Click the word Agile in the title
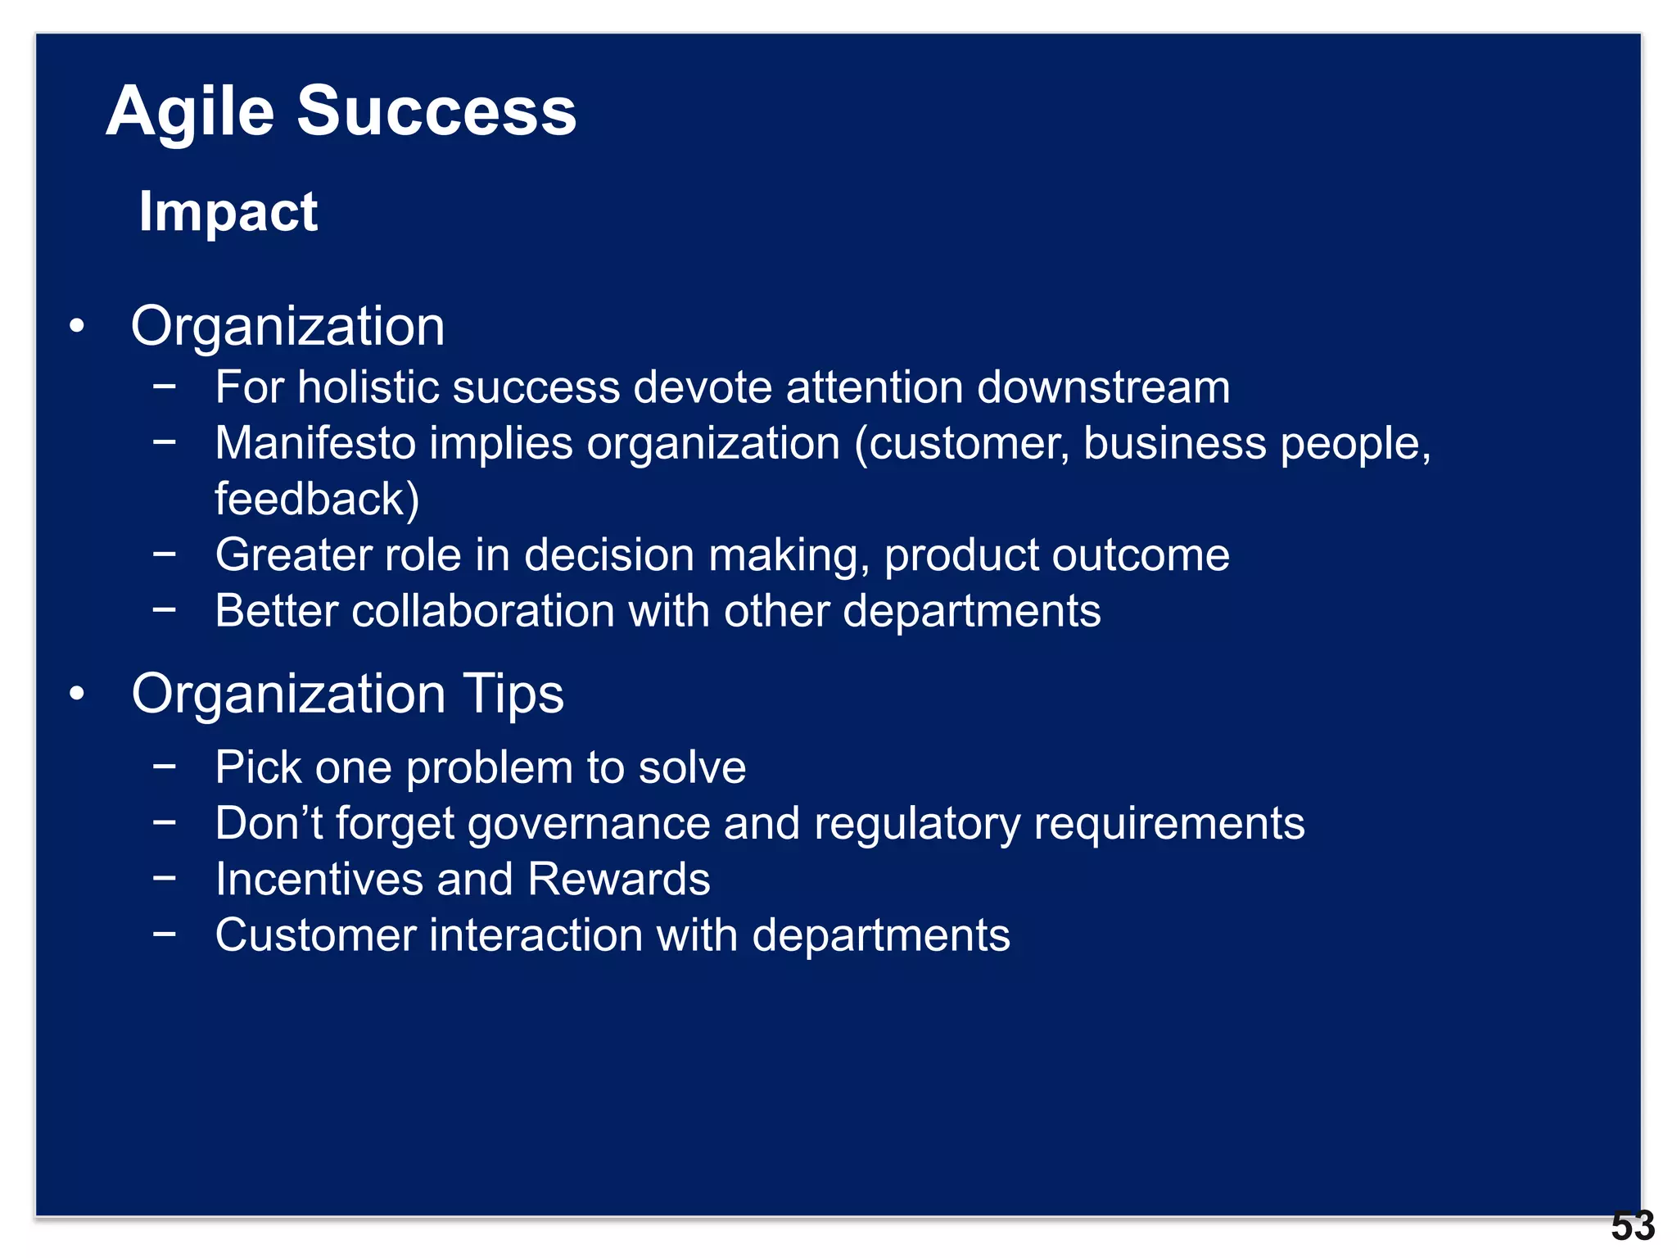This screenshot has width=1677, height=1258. (190, 112)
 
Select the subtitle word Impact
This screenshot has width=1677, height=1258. (228, 211)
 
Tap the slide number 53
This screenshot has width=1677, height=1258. (1633, 1226)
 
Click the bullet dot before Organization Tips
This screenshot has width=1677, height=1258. (77, 694)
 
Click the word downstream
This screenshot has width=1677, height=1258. (1103, 387)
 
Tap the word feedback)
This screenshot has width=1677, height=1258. (317, 499)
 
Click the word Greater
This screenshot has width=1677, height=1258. (293, 554)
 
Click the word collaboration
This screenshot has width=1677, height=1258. (483, 611)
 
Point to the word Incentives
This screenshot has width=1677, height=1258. (319, 879)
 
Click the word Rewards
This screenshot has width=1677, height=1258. (618, 879)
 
